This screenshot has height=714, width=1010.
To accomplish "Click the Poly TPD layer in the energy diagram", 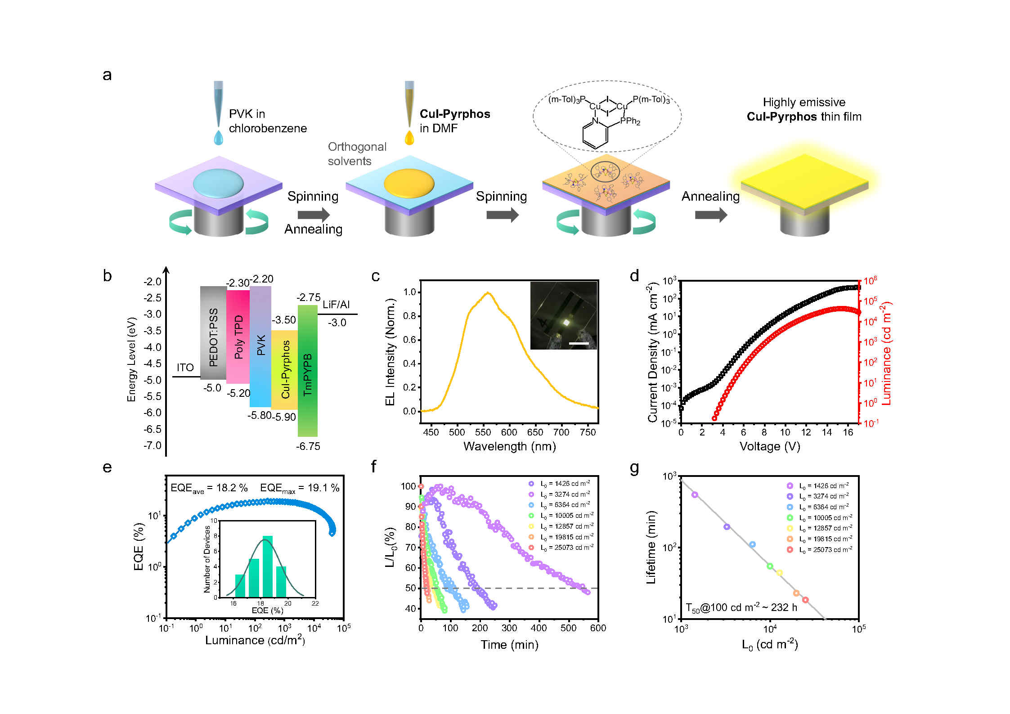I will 238,337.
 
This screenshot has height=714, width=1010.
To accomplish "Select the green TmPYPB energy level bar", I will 308,371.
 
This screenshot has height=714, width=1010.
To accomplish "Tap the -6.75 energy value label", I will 308,446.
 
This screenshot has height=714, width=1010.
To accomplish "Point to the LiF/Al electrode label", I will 336,305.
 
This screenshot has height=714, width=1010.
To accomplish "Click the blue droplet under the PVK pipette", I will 218,138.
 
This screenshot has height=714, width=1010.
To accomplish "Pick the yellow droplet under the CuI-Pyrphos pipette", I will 409,138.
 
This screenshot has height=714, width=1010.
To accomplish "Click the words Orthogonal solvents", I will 357,154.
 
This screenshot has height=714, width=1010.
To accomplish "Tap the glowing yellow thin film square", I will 804,182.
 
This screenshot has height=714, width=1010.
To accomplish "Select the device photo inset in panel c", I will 563,315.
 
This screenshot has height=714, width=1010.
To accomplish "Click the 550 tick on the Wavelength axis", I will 483,432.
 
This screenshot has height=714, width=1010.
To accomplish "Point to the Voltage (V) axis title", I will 770,446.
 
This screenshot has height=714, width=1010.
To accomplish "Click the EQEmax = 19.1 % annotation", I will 300,488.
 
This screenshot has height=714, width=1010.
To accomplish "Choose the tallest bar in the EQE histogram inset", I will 268,566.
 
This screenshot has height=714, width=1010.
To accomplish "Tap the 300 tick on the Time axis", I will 509,628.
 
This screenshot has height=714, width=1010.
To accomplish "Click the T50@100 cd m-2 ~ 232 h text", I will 741,607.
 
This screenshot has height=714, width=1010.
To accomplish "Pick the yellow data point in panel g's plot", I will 780,573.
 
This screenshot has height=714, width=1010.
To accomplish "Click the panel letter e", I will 107,467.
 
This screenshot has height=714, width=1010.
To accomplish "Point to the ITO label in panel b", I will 185,368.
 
